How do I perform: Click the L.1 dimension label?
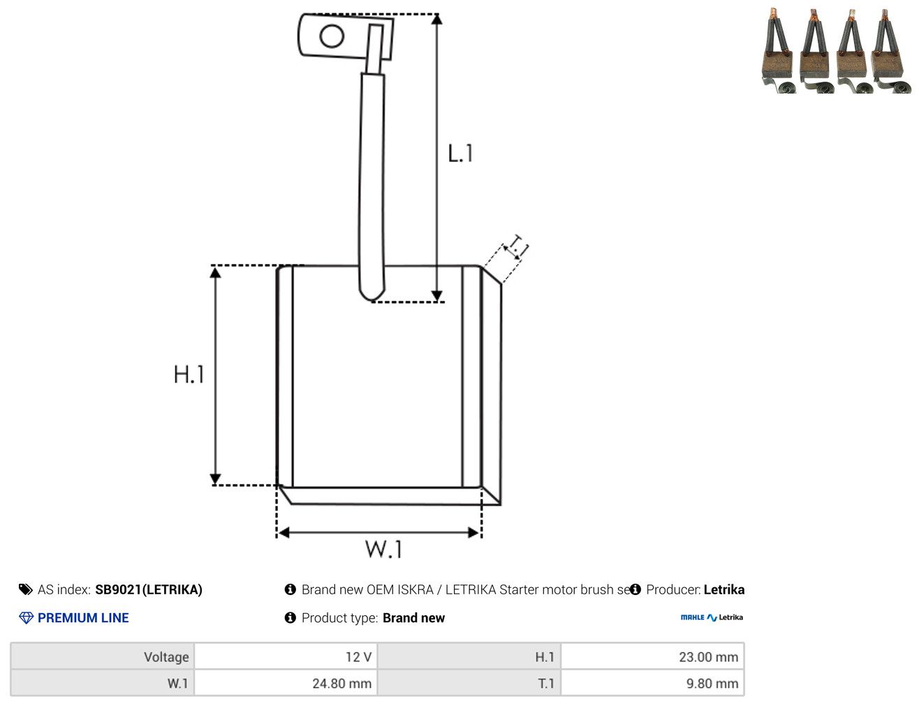[460, 153]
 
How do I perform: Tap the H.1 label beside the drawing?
[189, 374]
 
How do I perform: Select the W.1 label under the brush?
[383, 549]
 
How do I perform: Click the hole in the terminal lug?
[332, 36]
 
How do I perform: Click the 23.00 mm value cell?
[652, 656]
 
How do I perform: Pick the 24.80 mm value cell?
[286, 683]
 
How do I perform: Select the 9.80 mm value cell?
[652, 683]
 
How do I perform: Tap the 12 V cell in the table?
[286, 656]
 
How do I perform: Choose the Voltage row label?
[166, 656]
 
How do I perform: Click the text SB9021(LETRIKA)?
[149, 589]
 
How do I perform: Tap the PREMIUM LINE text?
[83, 617]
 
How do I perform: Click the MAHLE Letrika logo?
[712, 617]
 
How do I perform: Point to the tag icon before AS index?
[26, 589]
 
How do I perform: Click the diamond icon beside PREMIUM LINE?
[27, 617]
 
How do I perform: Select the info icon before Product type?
[290, 617]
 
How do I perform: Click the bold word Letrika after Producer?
[724, 589]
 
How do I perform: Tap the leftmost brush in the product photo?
[777, 50]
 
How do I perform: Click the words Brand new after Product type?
[413, 617]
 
